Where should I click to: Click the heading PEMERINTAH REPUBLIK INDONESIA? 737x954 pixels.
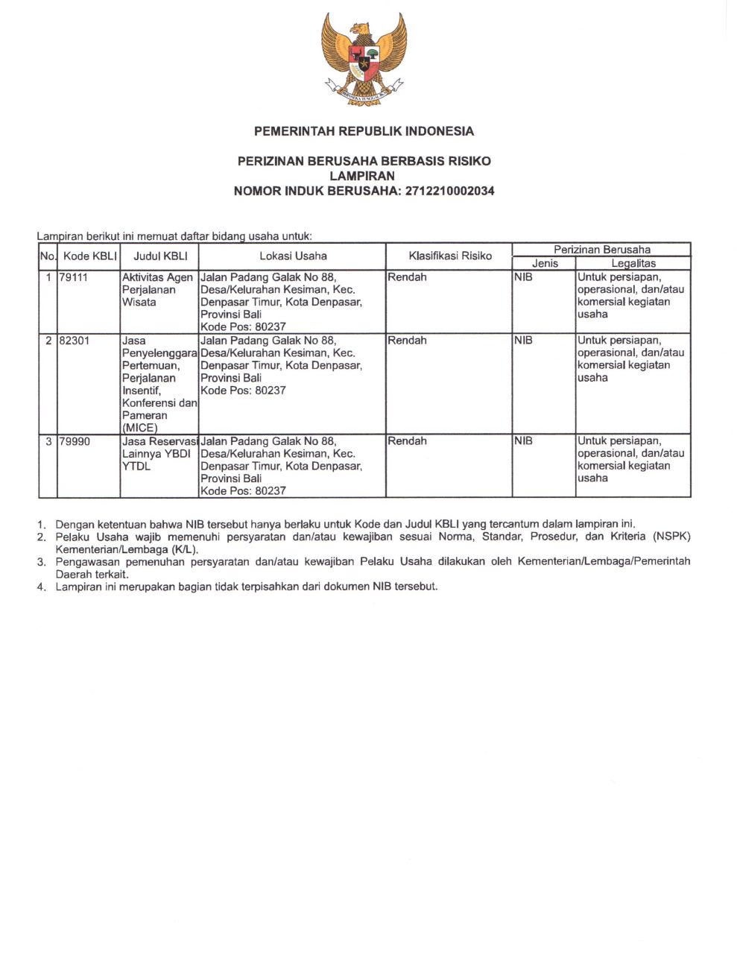[x=364, y=131]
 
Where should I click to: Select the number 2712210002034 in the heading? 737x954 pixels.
[x=449, y=191]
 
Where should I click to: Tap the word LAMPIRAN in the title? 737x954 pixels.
[x=362, y=176]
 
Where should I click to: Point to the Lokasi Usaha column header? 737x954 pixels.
[x=293, y=256]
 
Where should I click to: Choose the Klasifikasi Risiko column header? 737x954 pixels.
[x=450, y=256]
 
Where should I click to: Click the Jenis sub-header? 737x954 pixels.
[x=545, y=263]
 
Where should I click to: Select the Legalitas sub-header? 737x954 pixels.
[x=633, y=263]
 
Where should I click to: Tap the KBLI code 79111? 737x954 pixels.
[x=74, y=277]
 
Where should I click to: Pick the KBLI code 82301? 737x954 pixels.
[x=74, y=341]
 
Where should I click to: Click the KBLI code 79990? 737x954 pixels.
[x=75, y=441]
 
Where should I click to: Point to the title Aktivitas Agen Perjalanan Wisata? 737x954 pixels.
[x=157, y=289]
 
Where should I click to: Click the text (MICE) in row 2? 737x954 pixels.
[x=140, y=428]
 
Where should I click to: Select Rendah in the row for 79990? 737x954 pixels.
[x=407, y=441]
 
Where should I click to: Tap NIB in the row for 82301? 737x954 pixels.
[x=524, y=341]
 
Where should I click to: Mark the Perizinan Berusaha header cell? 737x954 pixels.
[x=601, y=250]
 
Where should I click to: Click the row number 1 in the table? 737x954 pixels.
[x=48, y=277]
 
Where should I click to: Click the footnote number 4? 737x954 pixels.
[x=42, y=587]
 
